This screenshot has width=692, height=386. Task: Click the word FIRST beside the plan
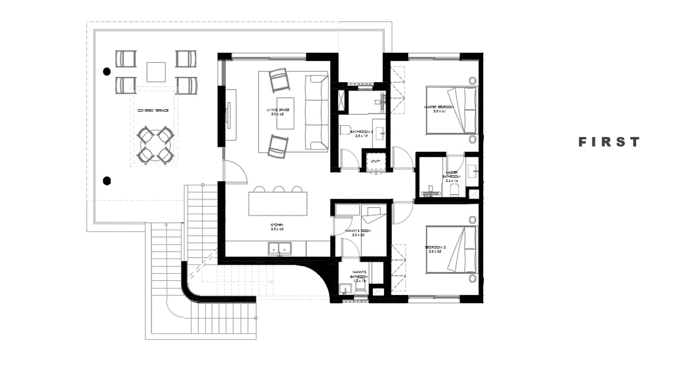click(x=609, y=142)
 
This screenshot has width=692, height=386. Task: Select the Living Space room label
click(x=277, y=112)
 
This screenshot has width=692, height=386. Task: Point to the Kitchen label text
click(x=277, y=227)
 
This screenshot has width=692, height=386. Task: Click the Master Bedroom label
click(x=439, y=109)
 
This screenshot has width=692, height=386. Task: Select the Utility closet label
click(x=376, y=161)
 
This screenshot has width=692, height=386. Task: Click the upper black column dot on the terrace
click(x=107, y=71)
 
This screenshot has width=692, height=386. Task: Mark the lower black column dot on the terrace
click(x=107, y=181)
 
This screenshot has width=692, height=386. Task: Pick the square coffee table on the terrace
click(x=156, y=72)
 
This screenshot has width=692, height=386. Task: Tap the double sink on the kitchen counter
click(x=280, y=248)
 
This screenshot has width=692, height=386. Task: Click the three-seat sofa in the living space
click(x=316, y=113)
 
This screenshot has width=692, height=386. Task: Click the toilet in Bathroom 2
click(x=343, y=131)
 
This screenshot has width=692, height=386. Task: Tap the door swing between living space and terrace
click(x=235, y=171)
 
